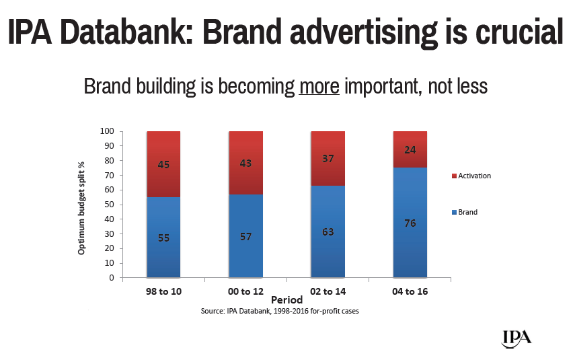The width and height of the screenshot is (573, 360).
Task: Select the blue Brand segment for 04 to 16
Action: click(x=410, y=242)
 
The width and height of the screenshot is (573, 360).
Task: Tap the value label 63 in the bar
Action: click(x=328, y=232)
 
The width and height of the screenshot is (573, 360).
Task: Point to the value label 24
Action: click(x=410, y=150)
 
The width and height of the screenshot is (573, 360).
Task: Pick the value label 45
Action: click(x=164, y=164)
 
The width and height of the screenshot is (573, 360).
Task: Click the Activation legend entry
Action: click(x=475, y=176)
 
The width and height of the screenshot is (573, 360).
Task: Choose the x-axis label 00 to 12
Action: click(x=245, y=291)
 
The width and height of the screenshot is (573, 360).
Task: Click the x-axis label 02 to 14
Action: click(x=328, y=291)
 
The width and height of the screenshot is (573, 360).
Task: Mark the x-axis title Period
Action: click(x=286, y=299)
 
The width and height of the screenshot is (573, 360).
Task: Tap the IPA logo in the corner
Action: click(x=517, y=337)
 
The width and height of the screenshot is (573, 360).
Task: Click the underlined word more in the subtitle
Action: click(x=319, y=87)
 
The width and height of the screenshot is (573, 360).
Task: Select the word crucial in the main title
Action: click(x=516, y=34)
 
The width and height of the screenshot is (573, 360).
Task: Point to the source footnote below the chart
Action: click(x=286, y=312)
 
